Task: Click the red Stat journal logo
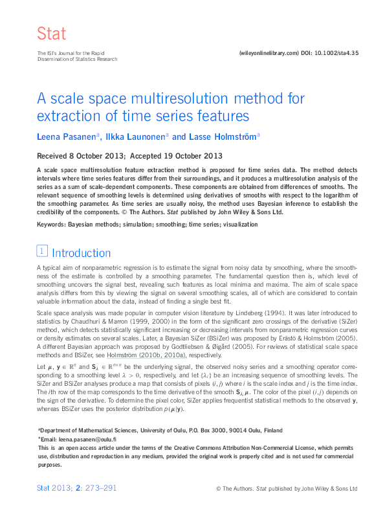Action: pos(52,34)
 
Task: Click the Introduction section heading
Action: pos(81,253)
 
